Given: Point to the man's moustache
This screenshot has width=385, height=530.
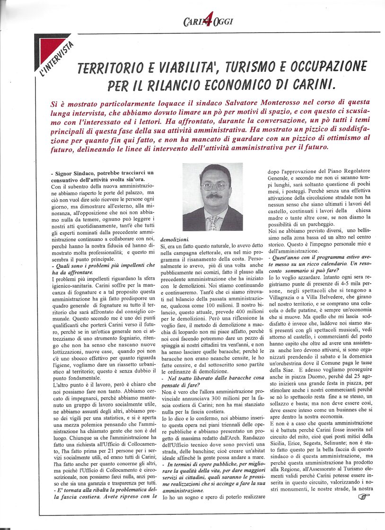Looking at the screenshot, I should (213, 195).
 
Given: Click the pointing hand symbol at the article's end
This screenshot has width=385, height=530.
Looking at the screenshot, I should (364, 496).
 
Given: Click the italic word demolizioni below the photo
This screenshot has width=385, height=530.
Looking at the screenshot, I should (175, 239).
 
